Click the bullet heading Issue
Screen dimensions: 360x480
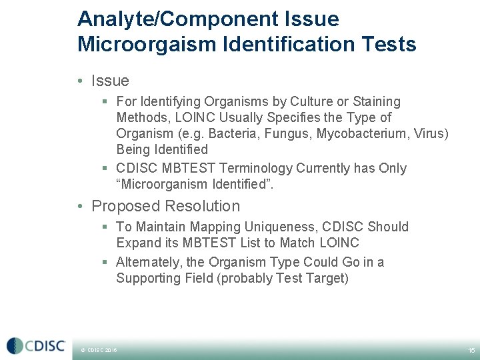[110, 81]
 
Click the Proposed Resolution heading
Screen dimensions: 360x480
[165, 206]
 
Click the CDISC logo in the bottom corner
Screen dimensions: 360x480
[36, 345]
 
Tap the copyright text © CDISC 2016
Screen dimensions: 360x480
[99, 350]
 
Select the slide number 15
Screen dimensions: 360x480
[471, 350]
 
